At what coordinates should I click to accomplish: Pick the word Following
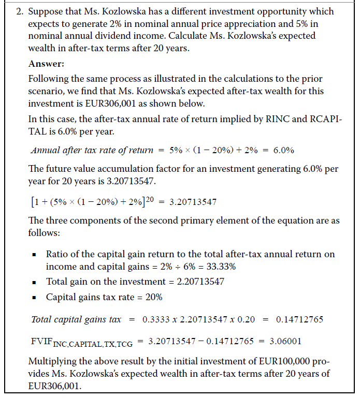[48, 79]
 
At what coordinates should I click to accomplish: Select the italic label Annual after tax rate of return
[92, 151]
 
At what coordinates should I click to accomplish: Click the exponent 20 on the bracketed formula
[149, 200]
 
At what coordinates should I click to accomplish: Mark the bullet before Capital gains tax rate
[34, 298]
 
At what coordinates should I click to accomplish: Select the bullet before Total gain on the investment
[34, 282]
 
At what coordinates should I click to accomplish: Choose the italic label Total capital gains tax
[76, 319]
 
